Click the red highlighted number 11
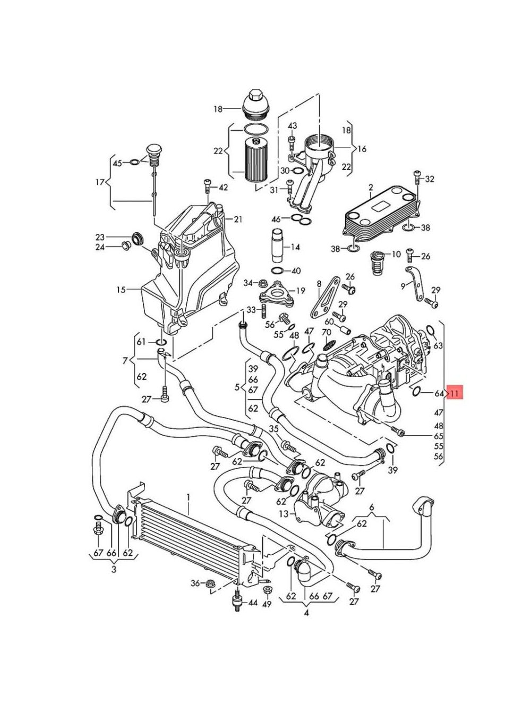[x=454, y=394]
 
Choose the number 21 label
[x=237, y=220]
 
